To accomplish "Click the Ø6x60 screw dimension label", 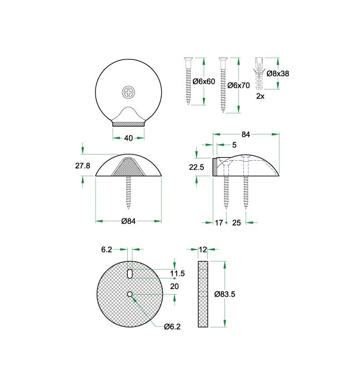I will point(204,82).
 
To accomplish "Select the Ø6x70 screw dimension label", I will point(239,86).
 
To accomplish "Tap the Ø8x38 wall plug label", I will point(278,73).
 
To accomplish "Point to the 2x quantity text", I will point(260,96).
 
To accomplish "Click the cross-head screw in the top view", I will point(129,91).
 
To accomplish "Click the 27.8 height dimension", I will point(82,166).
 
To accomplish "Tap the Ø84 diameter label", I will point(129,221).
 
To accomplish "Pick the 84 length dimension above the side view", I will point(246,134).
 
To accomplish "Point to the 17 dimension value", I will point(218,222).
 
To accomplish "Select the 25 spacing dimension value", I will point(236,222).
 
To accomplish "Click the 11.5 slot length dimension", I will point(178,273).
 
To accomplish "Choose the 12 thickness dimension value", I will point(202,250).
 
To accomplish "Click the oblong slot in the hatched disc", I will point(129,273).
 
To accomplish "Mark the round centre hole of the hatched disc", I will point(129,294).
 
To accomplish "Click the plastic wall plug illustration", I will point(259,74).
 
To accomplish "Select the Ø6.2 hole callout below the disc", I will point(172,326).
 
